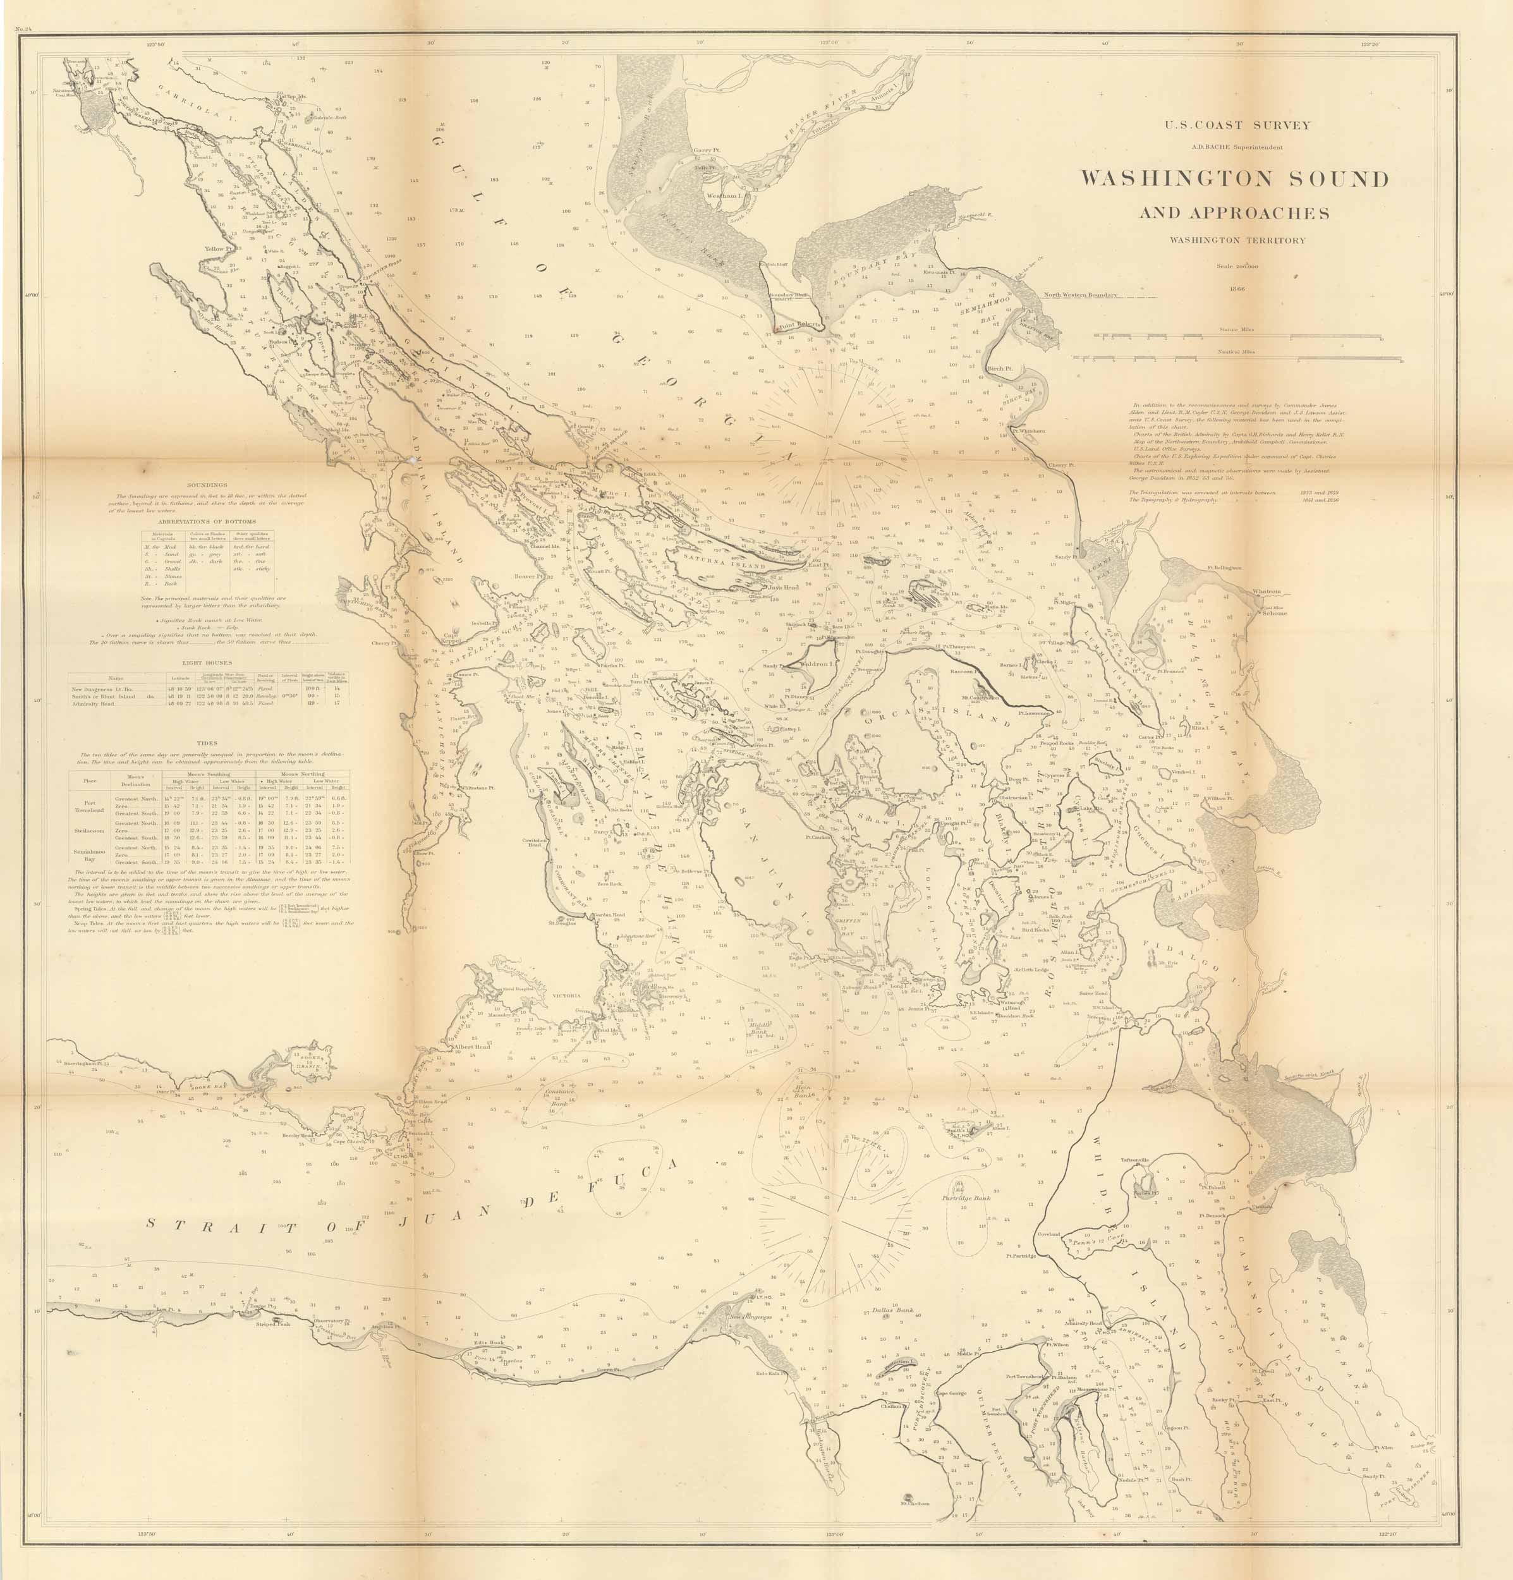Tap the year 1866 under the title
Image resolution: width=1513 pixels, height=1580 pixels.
pyautogui.click(x=1235, y=287)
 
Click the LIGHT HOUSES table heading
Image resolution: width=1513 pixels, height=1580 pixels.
pyautogui.click(x=207, y=662)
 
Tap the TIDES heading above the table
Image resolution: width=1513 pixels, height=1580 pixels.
pyautogui.click(x=207, y=743)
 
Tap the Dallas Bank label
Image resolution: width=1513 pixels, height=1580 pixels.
pyautogui.click(x=892, y=1310)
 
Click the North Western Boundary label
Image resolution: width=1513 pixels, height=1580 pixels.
pyautogui.click(x=1080, y=295)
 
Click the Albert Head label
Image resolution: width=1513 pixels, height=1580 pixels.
pyautogui.click(x=471, y=1047)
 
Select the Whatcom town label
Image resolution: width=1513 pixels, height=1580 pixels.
pyautogui.click(x=1267, y=591)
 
